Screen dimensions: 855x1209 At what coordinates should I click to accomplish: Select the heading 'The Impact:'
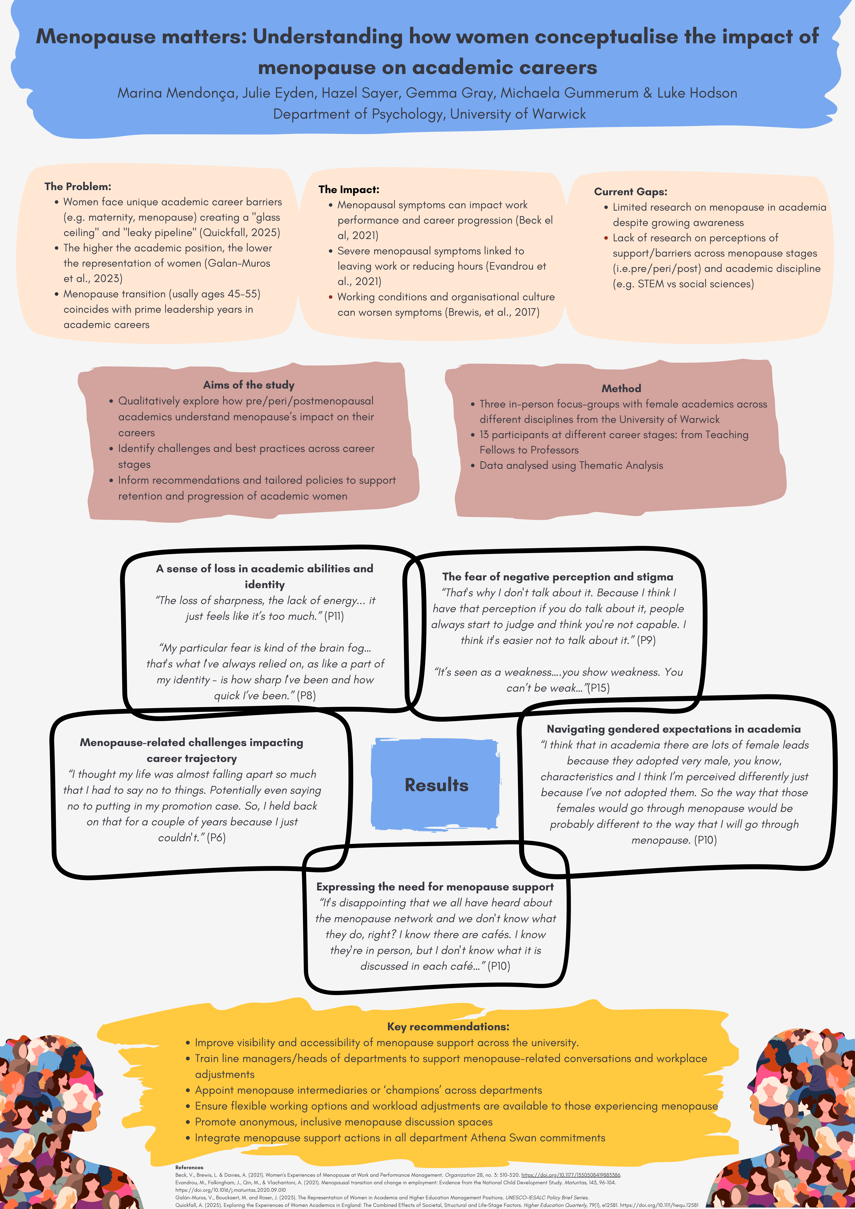point(349,190)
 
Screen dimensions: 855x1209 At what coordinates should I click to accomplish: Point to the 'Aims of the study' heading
point(249,385)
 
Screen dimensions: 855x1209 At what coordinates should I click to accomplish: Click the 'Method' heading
point(621,389)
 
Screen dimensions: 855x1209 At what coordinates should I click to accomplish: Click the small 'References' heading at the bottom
point(189,1167)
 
